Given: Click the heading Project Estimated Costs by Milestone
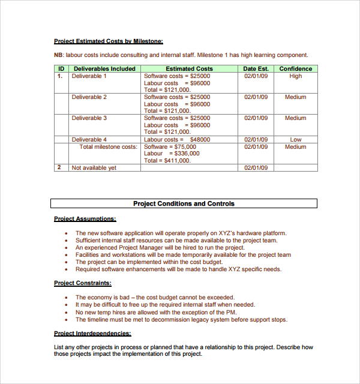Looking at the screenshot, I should (108, 41).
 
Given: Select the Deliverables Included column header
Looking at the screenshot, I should (104, 69).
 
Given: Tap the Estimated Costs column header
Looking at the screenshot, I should (189, 69).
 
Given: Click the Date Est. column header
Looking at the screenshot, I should (256, 69).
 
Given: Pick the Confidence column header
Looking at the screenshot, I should (295, 69).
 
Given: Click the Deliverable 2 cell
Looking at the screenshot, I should (89, 97).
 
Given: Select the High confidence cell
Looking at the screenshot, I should (295, 76).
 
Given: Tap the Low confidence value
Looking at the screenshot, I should (295, 140).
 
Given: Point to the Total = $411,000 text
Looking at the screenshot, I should (167, 161).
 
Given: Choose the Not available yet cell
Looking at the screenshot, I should (94, 168).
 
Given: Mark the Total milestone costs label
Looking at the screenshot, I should (108, 147).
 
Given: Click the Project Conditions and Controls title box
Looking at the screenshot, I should (184, 204).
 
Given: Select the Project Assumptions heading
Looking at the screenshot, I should (85, 219).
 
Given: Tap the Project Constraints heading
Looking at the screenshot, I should (82, 283).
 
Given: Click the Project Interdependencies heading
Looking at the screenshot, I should (92, 334).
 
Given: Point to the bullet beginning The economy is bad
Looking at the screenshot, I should (154, 298).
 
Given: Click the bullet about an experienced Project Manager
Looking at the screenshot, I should (160, 248).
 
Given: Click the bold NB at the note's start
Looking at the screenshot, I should (59, 55).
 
